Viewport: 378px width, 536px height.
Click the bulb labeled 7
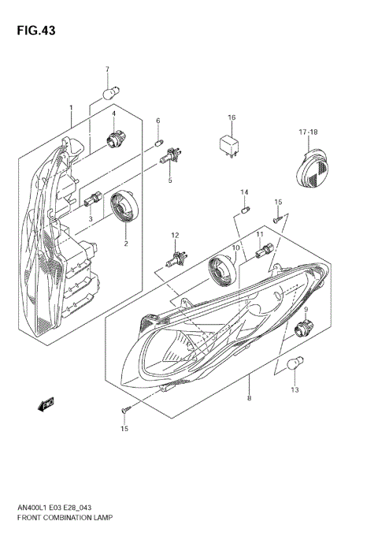tap(108, 95)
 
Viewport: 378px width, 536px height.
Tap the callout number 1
tap(70, 107)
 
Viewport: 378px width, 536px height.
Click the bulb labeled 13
tap(295, 366)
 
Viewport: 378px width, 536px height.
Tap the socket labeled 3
tap(91, 199)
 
